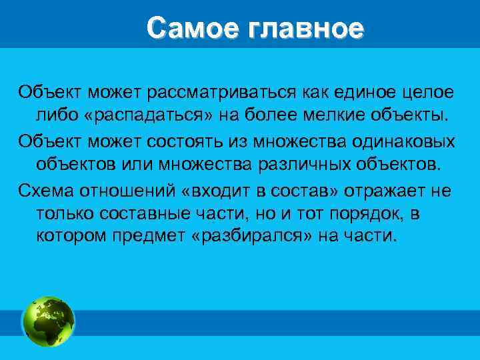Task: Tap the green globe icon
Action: click(x=49, y=321)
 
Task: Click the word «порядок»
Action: click(x=367, y=214)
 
